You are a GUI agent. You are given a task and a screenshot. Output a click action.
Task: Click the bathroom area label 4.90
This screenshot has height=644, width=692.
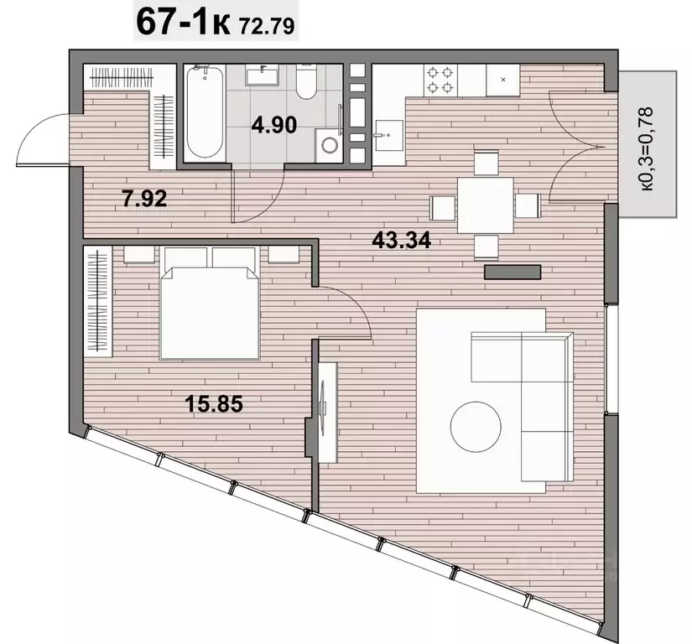(x=274, y=125)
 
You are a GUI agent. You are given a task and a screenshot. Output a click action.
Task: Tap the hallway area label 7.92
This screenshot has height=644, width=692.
(x=145, y=199)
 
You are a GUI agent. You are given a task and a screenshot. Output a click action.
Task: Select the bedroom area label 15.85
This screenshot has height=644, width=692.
(x=214, y=403)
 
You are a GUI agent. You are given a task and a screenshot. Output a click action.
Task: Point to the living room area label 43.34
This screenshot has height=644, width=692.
(x=401, y=241)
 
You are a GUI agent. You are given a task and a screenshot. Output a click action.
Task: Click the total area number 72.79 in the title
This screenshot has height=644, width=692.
(x=267, y=26)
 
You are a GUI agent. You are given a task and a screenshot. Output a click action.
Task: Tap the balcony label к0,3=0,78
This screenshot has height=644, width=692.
(x=647, y=148)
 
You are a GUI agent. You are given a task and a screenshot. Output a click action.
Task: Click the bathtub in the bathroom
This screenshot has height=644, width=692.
(x=205, y=113)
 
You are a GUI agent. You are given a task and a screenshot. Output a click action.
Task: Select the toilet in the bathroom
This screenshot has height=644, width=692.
(x=306, y=81)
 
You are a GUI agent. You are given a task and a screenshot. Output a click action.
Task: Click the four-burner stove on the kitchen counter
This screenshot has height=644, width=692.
(x=440, y=80)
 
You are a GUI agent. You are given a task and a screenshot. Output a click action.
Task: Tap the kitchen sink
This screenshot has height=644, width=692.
(x=388, y=135)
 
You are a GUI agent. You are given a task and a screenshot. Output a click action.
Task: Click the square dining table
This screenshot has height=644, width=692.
(x=486, y=205)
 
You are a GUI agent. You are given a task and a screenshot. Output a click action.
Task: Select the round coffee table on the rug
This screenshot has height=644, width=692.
(x=476, y=427)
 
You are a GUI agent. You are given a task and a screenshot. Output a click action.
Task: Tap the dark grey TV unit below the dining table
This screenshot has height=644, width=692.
(x=512, y=273)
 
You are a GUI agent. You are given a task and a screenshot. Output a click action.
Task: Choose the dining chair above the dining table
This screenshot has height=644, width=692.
(x=486, y=163)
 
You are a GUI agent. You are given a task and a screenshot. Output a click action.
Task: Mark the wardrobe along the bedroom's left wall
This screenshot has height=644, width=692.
(x=98, y=302)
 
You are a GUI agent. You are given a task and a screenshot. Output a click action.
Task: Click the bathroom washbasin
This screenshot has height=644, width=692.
(x=263, y=75)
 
